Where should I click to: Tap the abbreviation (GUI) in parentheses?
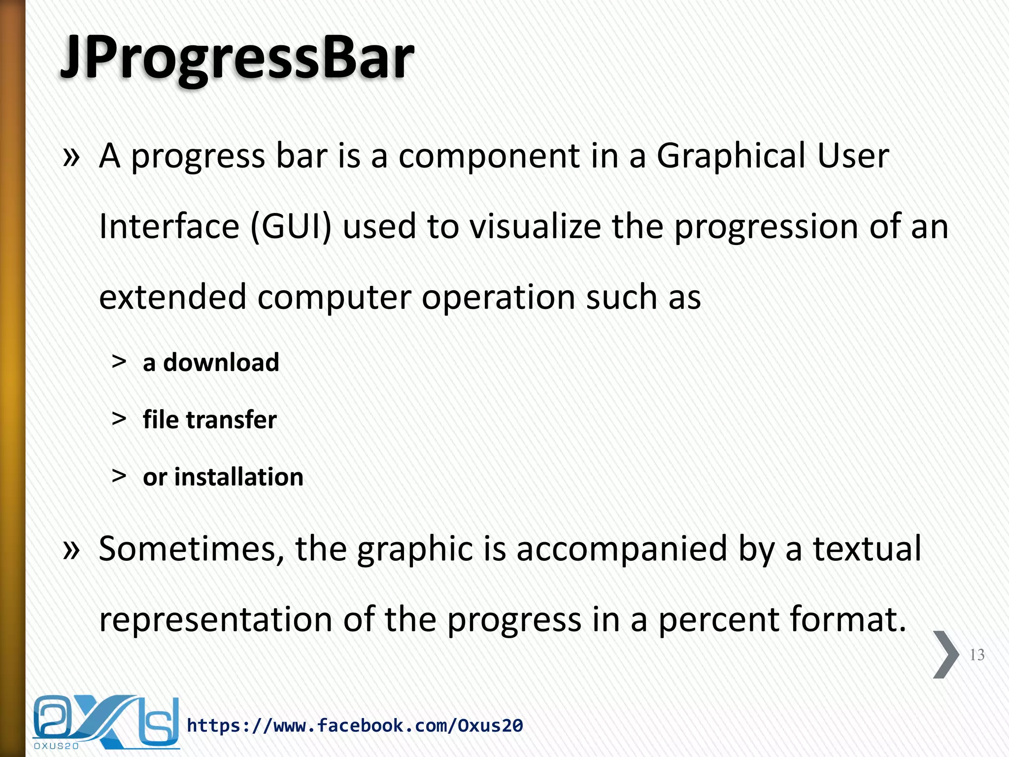[291, 227]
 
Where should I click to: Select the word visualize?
[535, 227]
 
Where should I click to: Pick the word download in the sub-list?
[221, 363]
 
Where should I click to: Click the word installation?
[238, 477]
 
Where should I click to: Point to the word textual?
[867, 549]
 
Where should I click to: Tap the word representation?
[215, 620]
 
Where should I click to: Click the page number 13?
[977, 655]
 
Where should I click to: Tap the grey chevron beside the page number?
[945, 654]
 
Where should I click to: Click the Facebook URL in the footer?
[355, 725]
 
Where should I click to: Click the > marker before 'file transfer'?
[119, 419]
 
